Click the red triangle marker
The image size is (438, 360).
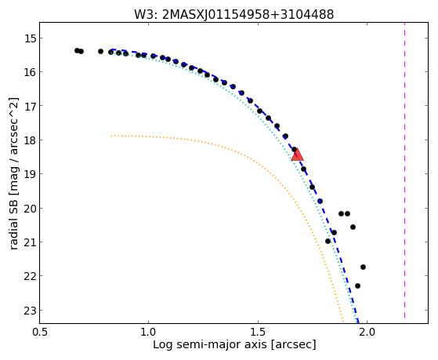pyautogui.click(x=297, y=155)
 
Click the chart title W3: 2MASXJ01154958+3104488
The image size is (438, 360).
pyautogui.click(x=233, y=15)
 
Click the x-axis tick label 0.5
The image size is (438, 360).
pyautogui.click(x=39, y=333)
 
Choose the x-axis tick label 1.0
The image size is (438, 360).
pyautogui.click(x=149, y=333)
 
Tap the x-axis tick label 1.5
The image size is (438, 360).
pyautogui.click(x=258, y=333)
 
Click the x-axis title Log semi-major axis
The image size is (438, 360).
pyautogui.click(x=210, y=344)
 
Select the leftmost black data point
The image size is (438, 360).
pyautogui.click(x=77, y=51)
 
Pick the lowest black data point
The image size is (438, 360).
pyautogui.click(x=357, y=285)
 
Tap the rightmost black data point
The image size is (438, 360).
pyautogui.click(x=363, y=267)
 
